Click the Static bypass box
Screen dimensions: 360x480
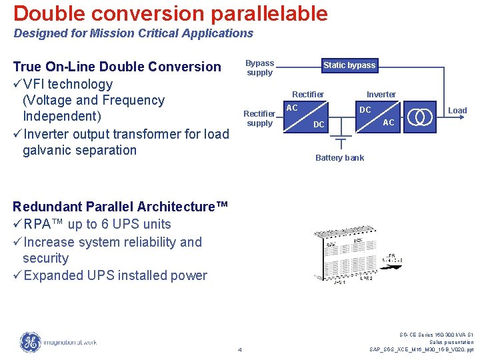(349, 65)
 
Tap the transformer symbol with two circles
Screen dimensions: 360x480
(421, 116)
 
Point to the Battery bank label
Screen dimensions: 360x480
(339, 158)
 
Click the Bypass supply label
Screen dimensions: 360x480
(259, 68)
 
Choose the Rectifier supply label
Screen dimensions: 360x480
(259, 119)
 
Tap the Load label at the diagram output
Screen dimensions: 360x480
(457, 111)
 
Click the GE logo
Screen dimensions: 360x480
(30, 342)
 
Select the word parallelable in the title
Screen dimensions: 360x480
(268, 13)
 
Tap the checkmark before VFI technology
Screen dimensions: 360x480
(17, 84)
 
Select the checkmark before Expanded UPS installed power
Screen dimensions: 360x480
(17, 275)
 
